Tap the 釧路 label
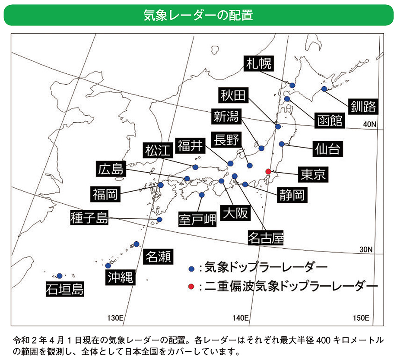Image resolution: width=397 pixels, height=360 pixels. point(363,105)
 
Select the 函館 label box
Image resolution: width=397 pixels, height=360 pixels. point(329,120)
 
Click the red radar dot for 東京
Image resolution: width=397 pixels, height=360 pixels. point(268,171)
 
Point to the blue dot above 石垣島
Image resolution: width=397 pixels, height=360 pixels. point(59,275)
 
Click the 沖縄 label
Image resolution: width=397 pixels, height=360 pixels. point(120,276)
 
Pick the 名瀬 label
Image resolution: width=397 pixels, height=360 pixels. point(158,256)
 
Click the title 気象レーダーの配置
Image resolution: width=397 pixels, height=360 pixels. point(198,15)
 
